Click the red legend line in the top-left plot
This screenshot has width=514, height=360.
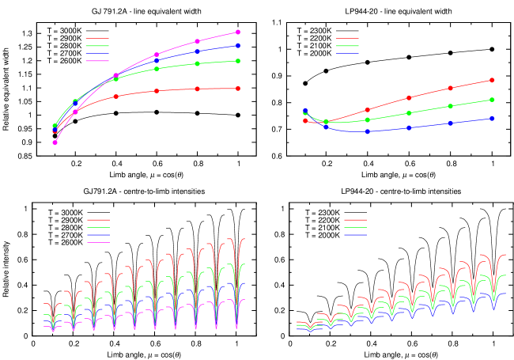coord(96,39)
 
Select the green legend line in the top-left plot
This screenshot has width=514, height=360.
coord(96,46)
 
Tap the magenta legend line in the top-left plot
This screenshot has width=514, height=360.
coord(96,60)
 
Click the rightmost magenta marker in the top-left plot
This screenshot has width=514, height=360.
coord(238,32)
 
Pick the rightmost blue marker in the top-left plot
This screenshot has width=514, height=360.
coord(238,46)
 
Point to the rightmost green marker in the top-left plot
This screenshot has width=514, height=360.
coord(238,61)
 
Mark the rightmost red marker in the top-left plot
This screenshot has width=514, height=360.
coord(238,89)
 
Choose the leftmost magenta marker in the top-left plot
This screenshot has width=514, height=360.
coord(55,142)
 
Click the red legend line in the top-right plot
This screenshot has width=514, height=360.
coord(347,39)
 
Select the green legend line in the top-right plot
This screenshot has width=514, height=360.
coord(347,46)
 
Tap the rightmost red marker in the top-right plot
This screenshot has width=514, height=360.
coord(492,80)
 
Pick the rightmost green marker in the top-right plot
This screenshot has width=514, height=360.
coord(492,100)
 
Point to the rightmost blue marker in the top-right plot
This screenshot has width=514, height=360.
coord(492,119)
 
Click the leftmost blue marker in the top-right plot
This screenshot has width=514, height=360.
coord(305,111)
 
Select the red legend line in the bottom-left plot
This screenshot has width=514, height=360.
coord(98,220)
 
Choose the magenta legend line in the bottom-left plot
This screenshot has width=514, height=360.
coord(98,242)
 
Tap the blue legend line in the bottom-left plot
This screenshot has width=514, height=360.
coord(98,235)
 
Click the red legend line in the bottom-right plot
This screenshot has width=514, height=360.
coord(355,220)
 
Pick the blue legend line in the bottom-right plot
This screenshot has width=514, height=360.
coord(355,235)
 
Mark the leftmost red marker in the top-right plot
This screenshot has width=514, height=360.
coord(305,121)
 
